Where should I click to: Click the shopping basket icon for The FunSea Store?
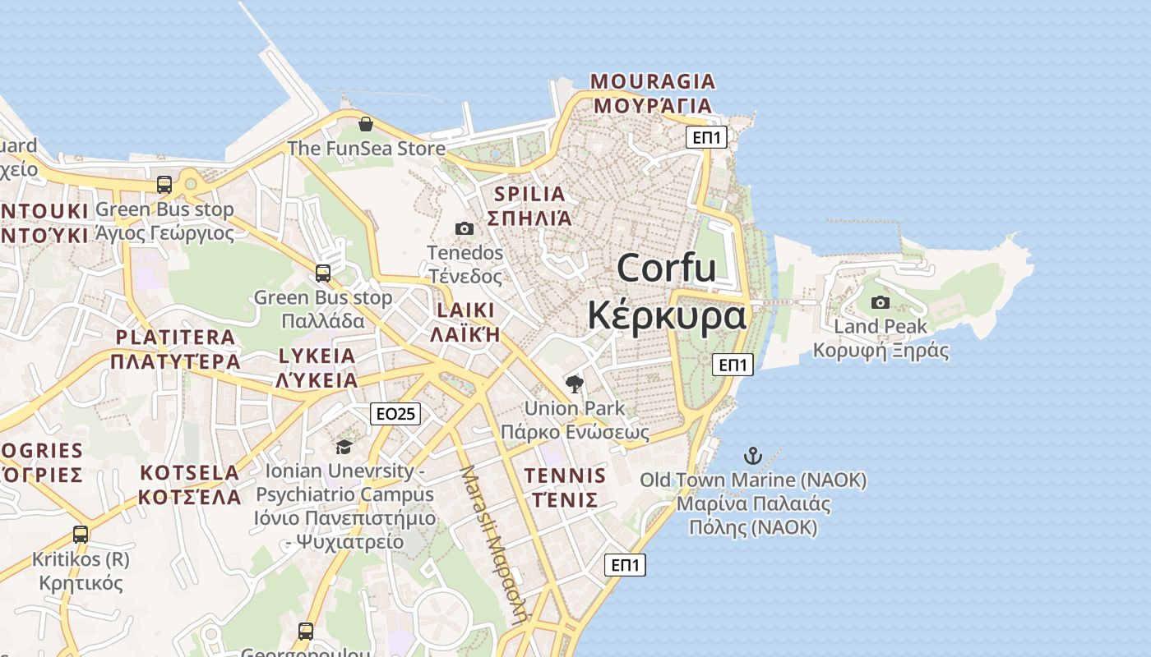(x=366, y=124)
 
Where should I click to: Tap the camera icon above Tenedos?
(x=465, y=228)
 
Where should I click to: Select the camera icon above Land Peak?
(x=880, y=302)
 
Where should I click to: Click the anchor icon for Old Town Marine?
(x=752, y=455)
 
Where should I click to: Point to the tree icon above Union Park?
(x=575, y=384)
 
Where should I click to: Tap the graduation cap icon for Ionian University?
(x=344, y=447)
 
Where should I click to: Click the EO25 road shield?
(x=395, y=413)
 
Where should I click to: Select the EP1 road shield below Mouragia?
(x=706, y=137)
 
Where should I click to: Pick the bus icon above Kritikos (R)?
(x=81, y=535)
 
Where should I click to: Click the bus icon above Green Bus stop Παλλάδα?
(x=323, y=273)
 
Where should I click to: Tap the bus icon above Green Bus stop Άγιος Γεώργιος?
(x=164, y=185)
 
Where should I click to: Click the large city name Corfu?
(x=666, y=269)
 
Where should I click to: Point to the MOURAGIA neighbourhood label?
(x=653, y=82)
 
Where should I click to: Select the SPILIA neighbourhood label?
(x=529, y=195)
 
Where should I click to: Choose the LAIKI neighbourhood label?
(x=465, y=310)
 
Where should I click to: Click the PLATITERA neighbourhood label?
(x=175, y=338)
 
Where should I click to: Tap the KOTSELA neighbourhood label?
(x=189, y=473)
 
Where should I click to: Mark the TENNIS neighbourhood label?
(x=565, y=476)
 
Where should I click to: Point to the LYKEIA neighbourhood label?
(x=317, y=356)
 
